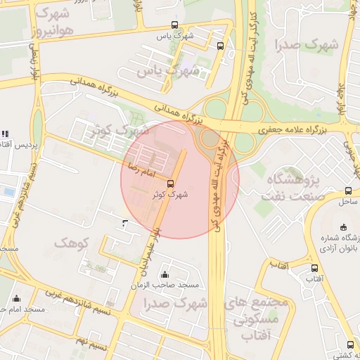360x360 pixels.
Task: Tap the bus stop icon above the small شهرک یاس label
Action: pyautogui.click(x=163, y=23)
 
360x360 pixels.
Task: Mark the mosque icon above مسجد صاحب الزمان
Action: pyautogui.click(x=165, y=274)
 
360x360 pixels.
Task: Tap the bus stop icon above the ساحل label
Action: pyautogui.click(x=349, y=191)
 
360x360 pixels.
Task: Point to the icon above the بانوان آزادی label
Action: pyautogui.click(x=343, y=227)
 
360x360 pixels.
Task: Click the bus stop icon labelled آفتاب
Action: pyautogui.click(x=314, y=269)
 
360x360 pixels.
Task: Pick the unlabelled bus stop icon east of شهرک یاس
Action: pyautogui.click(x=221, y=46)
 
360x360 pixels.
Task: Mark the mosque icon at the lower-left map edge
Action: pyautogui.click(x=16, y=299)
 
